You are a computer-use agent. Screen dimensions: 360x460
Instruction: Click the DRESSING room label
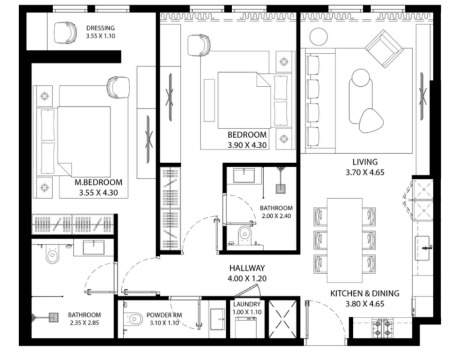(100, 28)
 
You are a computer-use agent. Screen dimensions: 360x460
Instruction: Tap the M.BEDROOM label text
(98, 182)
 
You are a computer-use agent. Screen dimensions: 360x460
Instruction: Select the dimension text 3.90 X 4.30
(247, 145)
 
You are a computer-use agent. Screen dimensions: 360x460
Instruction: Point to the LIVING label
(365, 162)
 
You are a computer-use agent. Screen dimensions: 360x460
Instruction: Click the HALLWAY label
(247, 268)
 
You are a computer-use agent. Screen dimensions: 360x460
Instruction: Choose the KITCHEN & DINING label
(364, 293)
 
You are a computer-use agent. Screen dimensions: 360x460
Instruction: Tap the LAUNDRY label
(247, 304)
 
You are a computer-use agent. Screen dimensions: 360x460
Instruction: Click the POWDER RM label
(164, 315)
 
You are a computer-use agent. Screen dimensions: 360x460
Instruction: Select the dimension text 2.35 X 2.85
(84, 323)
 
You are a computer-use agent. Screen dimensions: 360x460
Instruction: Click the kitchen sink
(422, 248)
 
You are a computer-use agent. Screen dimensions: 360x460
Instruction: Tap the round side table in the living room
(318, 36)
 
